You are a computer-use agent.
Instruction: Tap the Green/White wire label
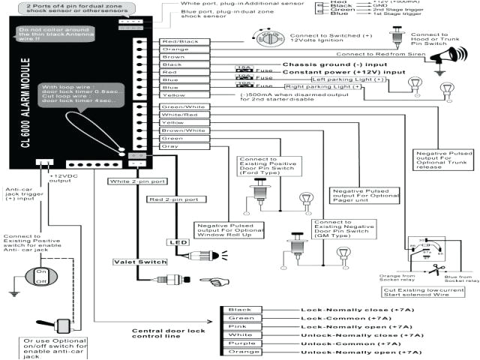tap(182, 106)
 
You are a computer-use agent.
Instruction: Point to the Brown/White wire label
tap(182, 130)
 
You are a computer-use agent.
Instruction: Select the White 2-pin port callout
tap(136, 181)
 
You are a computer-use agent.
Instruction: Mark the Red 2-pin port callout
tap(173, 199)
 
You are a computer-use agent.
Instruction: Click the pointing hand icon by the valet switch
tap(220, 282)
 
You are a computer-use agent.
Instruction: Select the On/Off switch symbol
tap(41, 276)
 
